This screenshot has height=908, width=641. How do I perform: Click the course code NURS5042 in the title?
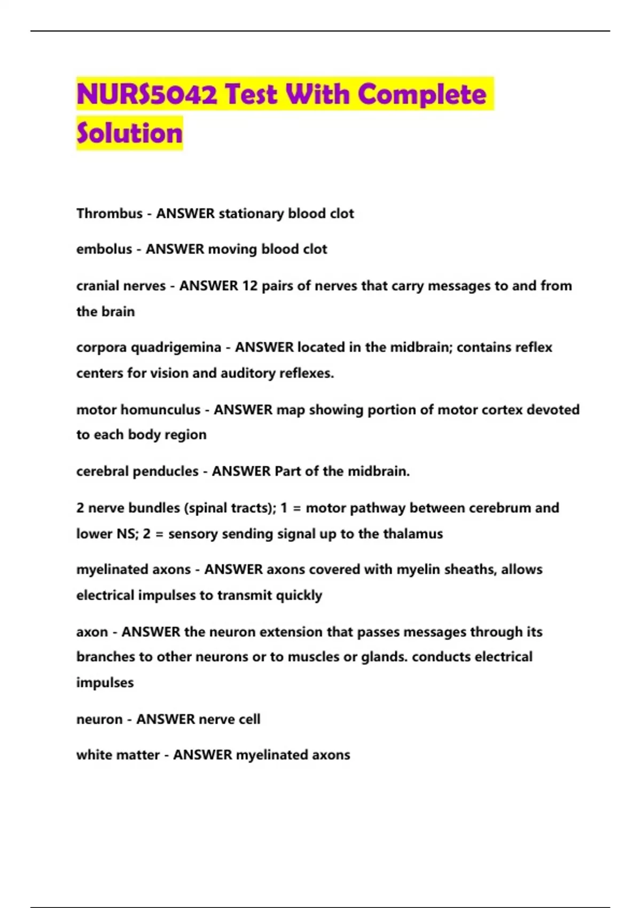pyautogui.click(x=147, y=95)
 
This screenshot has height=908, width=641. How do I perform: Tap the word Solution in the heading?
pyautogui.click(x=129, y=134)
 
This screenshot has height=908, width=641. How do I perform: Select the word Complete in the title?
pyautogui.click(x=422, y=95)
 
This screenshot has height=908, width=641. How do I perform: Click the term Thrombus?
pyautogui.click(x=110, y=214)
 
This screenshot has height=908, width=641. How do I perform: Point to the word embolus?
pyautogui.click(x=104, y=249)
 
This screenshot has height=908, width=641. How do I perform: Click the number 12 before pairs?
pyautogui.click(x=249, y=286)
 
